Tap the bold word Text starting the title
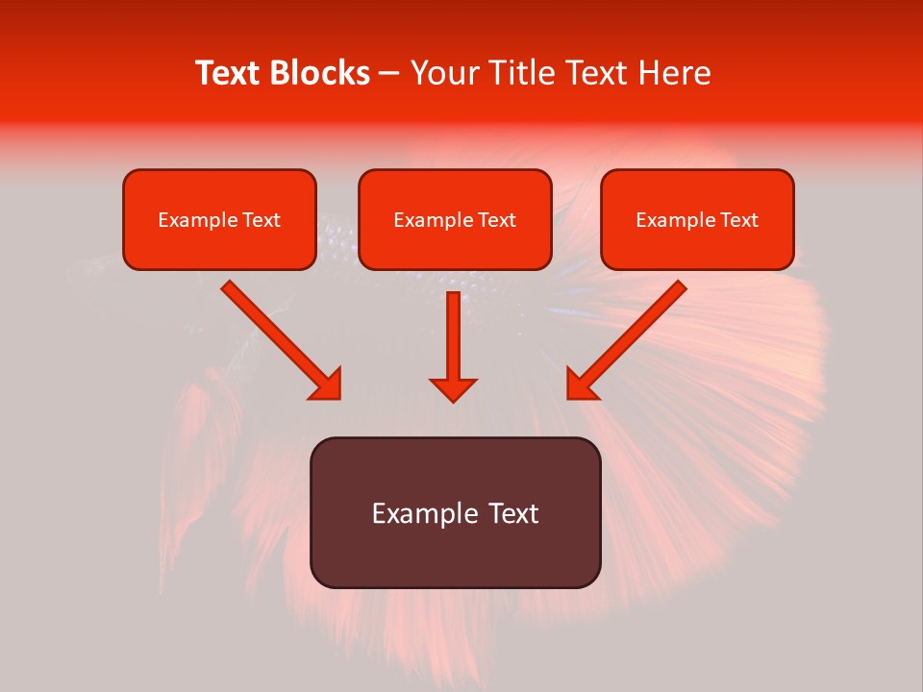[x=229, y=73]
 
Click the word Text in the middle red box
[x=497, y=220]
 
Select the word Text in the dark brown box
[x=514, y=513]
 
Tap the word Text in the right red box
[x=739, y=220]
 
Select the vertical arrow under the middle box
[x=453, y=341]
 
